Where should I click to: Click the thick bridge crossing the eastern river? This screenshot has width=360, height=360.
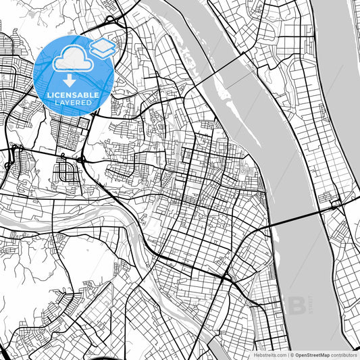pyautogui.click(x=297, y=217)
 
